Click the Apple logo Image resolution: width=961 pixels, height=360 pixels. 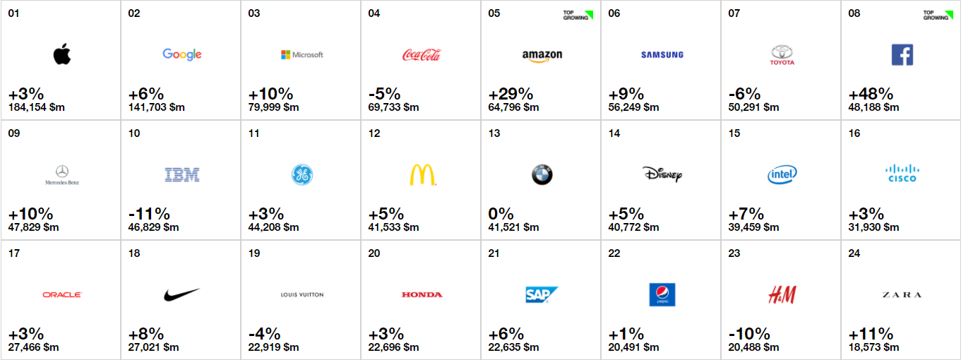tap(62, 54)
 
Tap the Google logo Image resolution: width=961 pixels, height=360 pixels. tap(182, 54)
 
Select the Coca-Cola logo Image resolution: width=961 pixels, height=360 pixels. tap(422, 54)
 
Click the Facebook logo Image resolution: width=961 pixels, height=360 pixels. tap(902, 54)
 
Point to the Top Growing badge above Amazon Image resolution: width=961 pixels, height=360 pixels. tap(578, 15)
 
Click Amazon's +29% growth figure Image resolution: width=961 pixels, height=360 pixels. tap(511, 94)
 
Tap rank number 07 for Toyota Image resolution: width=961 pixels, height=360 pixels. tap(734, 13)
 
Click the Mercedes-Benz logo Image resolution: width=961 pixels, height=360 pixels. tap(62, 174)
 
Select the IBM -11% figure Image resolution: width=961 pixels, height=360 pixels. tap(149, 214)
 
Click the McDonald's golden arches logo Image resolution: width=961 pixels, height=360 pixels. tap(422, 174)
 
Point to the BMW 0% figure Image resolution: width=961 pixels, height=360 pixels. tap(501, 214)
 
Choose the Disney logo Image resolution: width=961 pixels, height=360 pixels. tap(662, 174)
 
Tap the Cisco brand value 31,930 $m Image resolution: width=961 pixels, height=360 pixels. tap(873, 227)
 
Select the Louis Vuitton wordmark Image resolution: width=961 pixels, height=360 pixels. tap(302, 295)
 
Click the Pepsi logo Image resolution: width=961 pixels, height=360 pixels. tap(662, 294)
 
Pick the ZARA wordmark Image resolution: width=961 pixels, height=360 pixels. tap(902, 295)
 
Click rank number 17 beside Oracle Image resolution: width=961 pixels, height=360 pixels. tap(13, 253)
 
